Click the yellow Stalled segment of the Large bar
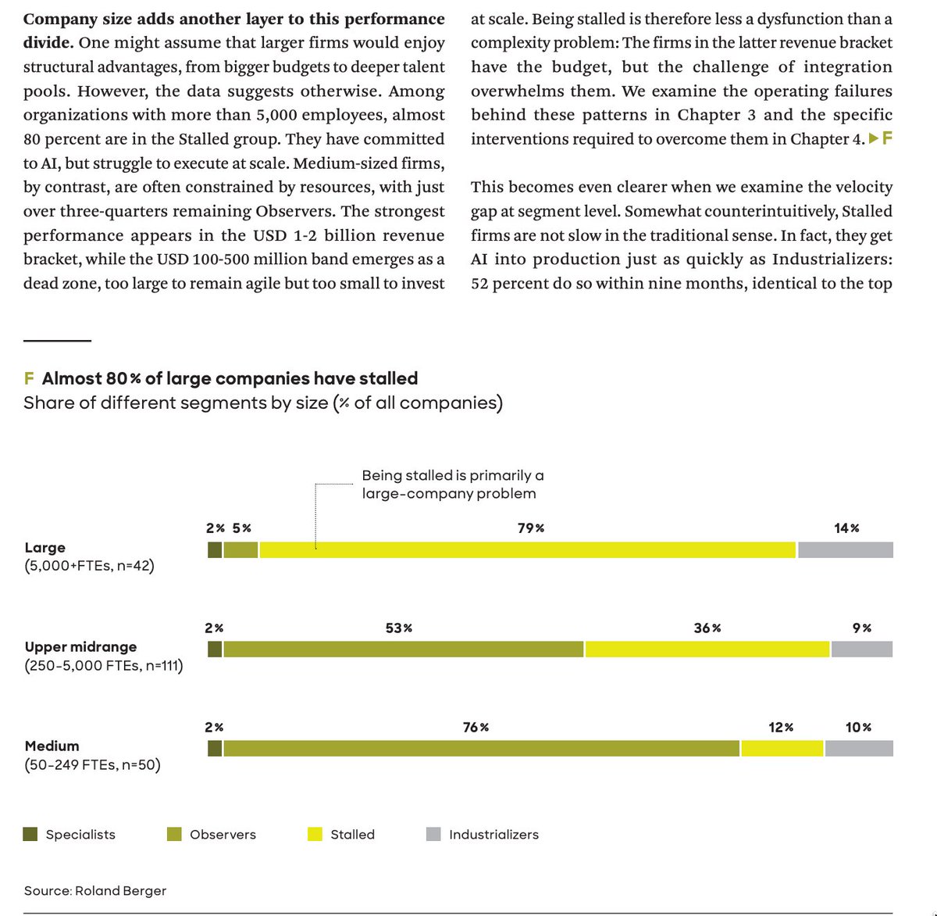(528, 550)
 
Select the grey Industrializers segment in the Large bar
(846, 550)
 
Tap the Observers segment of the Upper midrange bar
(403, 649)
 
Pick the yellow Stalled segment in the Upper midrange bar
(707, 649)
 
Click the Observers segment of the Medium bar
(481, 749)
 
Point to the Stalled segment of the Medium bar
(782, 749)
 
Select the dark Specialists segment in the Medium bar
(215, 749)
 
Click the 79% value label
(531, 528)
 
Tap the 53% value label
(398, 628)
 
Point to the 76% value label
(476, 727)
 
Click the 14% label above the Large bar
(846, 528)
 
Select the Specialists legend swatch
(30, 834)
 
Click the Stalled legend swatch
(315, 834)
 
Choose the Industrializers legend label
(493, 835)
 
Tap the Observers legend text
(223, 835)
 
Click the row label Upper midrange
(80, 646)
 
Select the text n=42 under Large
(135, 566)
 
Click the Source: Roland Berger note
(94, 891)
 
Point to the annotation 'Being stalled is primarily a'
(453, 475)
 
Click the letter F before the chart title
(29, 379)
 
